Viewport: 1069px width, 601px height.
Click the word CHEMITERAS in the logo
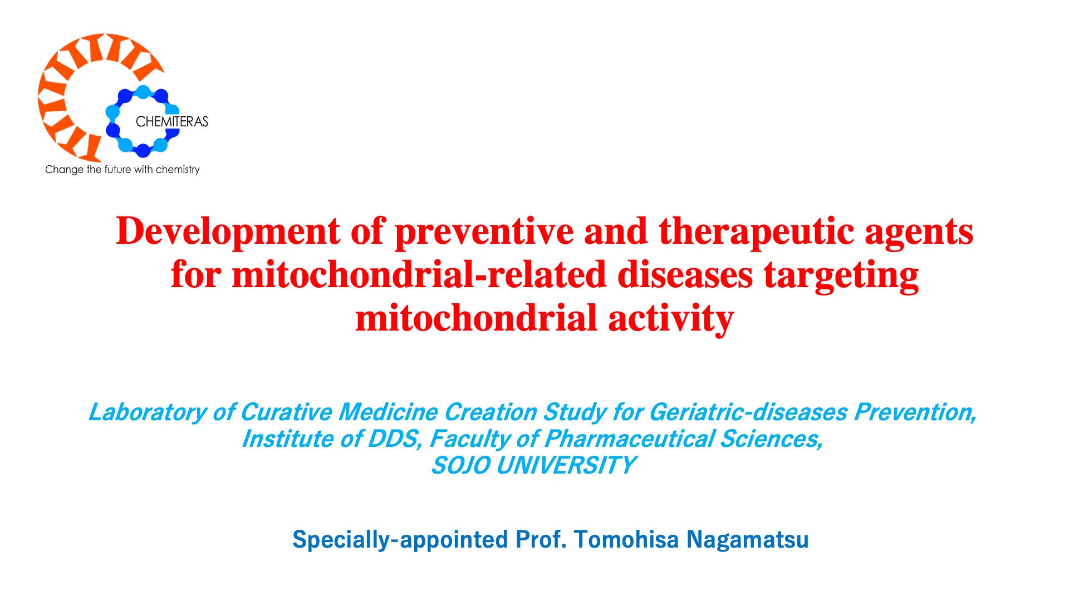click(x=171, y=121)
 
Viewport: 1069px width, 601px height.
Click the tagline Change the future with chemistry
click(x=122, y=170)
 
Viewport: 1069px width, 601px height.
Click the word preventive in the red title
click(x=484, y=231)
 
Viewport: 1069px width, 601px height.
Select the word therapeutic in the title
click(x=756, y=231)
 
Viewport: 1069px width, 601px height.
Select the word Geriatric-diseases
click(x=748, y=412)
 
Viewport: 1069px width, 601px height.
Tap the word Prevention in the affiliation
click(x=915, y=412)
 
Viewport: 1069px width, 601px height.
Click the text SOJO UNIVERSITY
click(x=533, y=466)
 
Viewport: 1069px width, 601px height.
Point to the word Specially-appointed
click(x=400, y=540)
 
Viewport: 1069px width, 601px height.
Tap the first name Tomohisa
click(x=626, y=539)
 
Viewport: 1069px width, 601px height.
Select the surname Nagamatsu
click(x=747, y=540)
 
